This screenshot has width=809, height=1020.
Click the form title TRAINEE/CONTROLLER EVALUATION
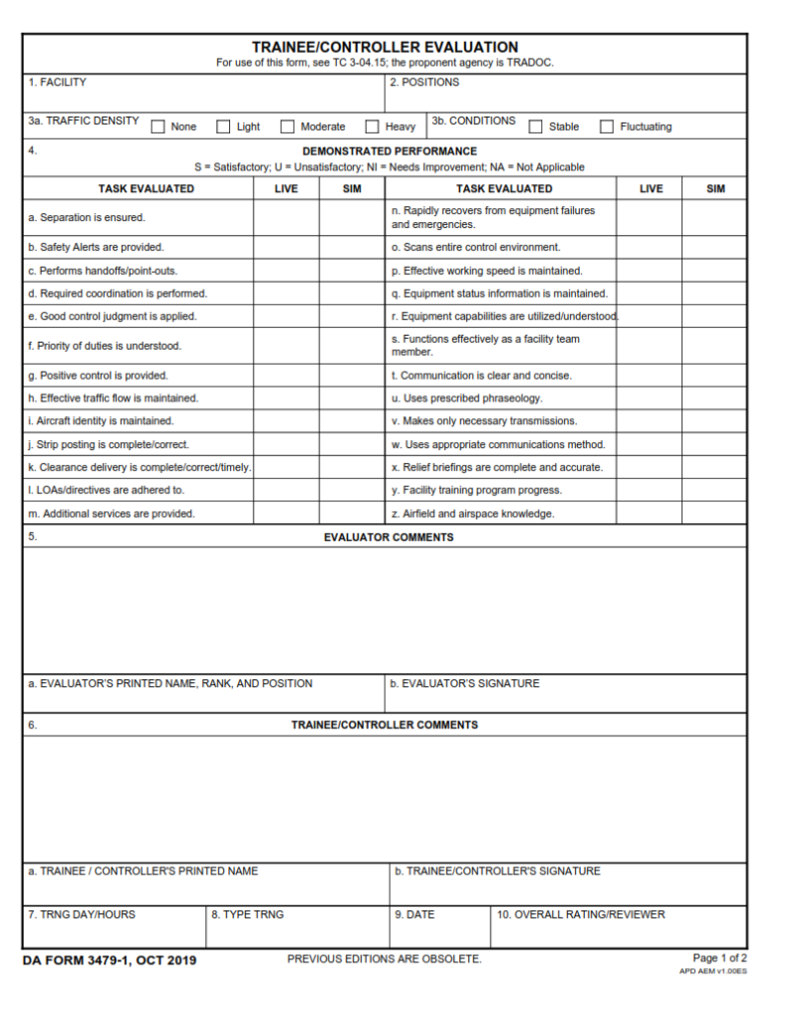(385, 47)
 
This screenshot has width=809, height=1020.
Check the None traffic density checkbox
(158, 127)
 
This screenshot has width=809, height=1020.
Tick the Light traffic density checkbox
(224, 127)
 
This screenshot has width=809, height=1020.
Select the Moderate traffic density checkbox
(288, 127)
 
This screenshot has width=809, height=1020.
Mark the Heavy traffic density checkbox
(373, 127)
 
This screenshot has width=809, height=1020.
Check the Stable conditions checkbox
(536, 127)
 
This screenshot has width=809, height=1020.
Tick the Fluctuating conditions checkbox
(607, 127)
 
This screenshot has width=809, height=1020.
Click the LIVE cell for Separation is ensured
(286, 217)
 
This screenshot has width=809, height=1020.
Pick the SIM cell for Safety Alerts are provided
(352, 247)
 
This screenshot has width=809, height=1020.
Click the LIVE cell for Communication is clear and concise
(650, 376)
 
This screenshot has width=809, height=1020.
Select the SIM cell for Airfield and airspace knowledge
(714, 514)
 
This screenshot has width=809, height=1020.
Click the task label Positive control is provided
(98, 376)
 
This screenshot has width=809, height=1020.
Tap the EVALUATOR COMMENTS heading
(389, 537)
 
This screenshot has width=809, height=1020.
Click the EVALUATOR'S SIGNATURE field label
(464, 683)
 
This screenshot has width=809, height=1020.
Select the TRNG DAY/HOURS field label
(82, 914)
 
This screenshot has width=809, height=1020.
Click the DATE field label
(414, 914)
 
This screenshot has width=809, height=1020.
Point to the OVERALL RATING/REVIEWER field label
(581, 914)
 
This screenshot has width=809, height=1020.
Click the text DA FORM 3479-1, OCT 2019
(111, 960)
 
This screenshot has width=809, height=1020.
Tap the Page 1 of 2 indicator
(719, 957)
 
